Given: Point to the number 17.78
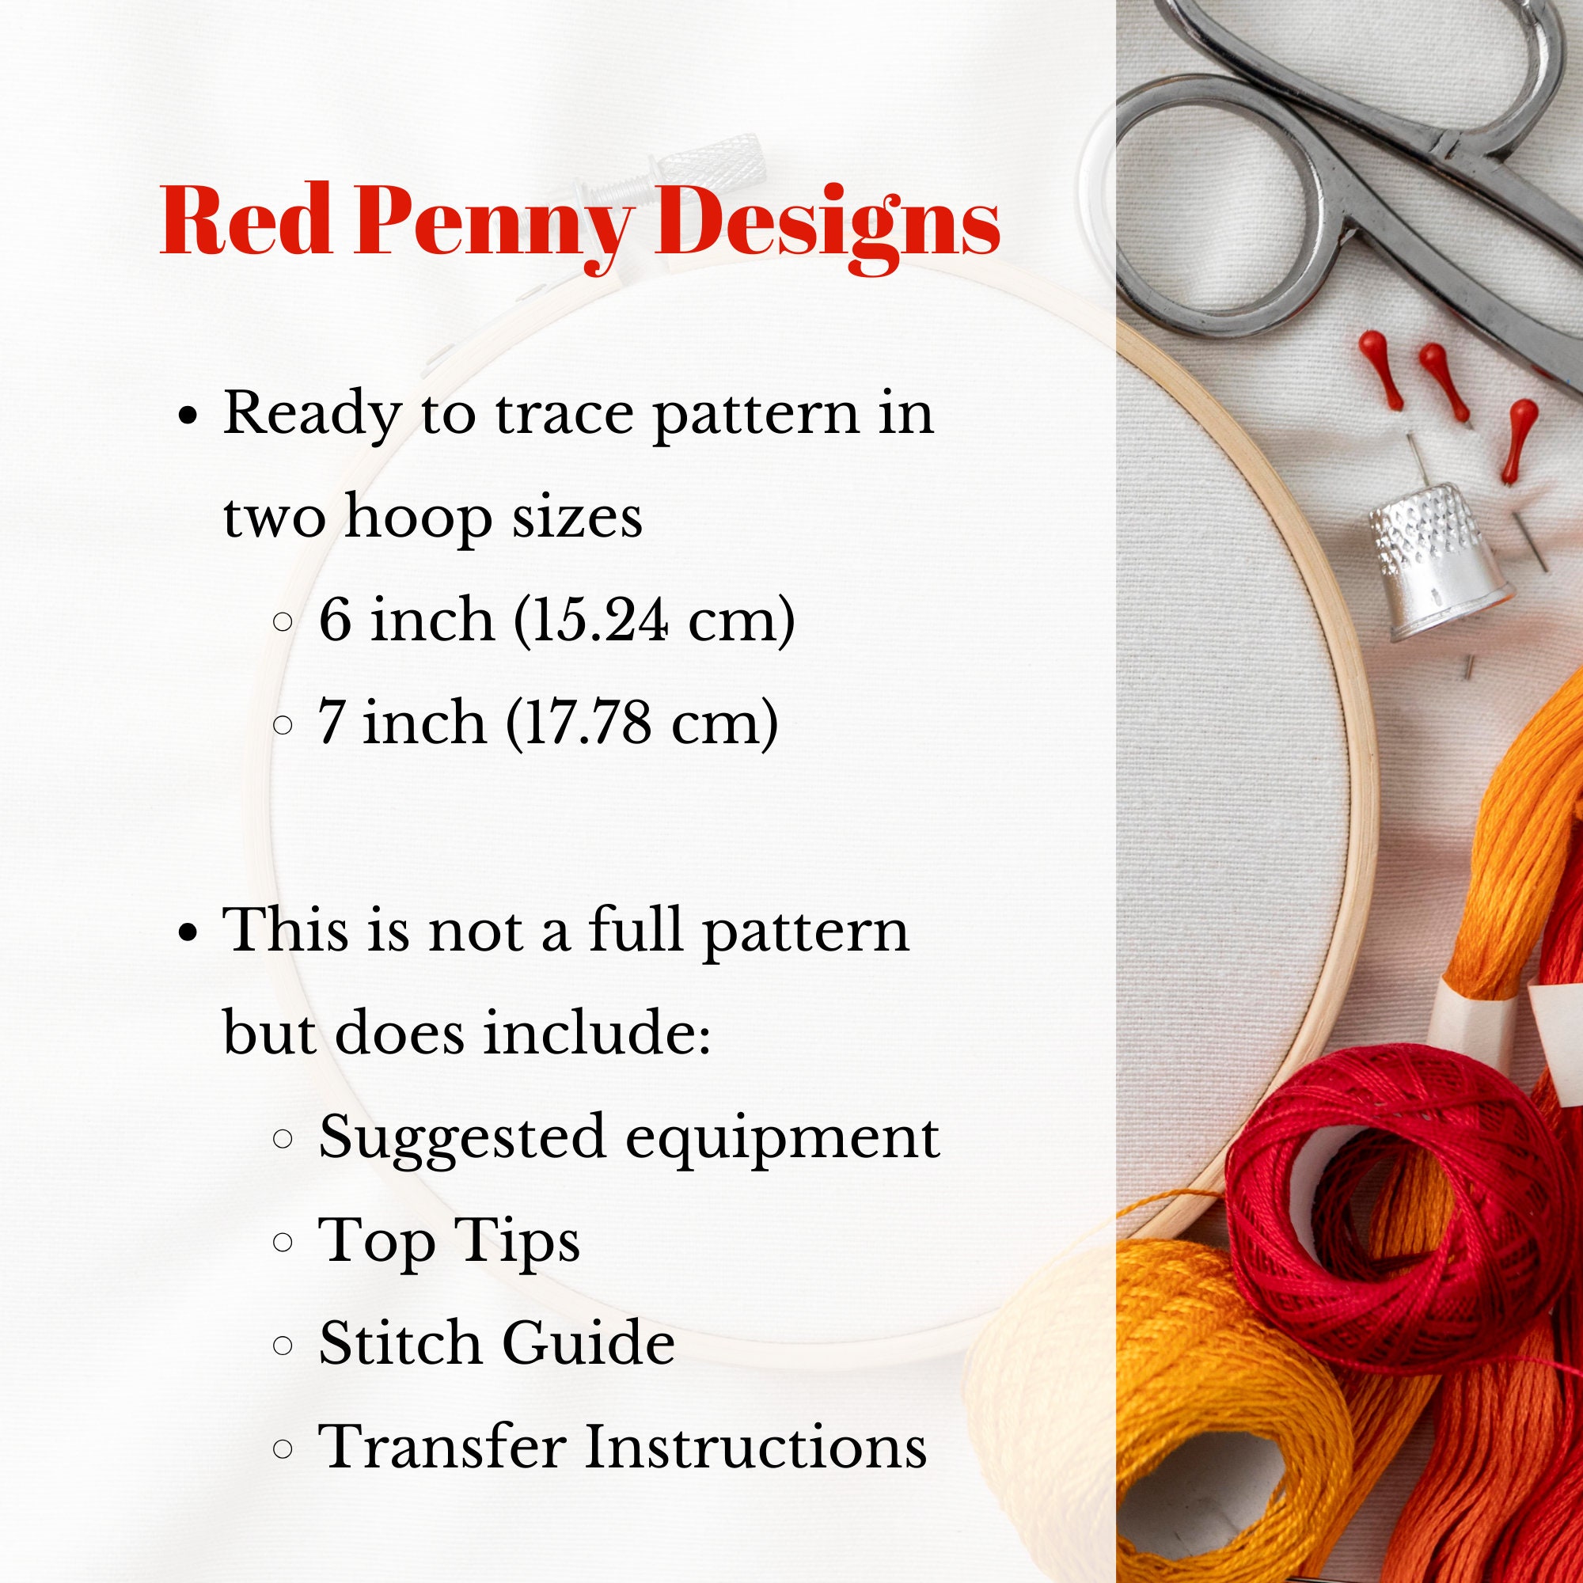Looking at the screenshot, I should (585, 723).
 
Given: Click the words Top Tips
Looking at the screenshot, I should (449, 1240).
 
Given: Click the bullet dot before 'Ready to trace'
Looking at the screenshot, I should (189, 416).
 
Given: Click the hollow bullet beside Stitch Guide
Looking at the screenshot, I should (282, 1345).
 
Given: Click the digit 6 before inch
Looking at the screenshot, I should (335, 621).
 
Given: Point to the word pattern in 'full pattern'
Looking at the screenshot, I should (806, 932).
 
